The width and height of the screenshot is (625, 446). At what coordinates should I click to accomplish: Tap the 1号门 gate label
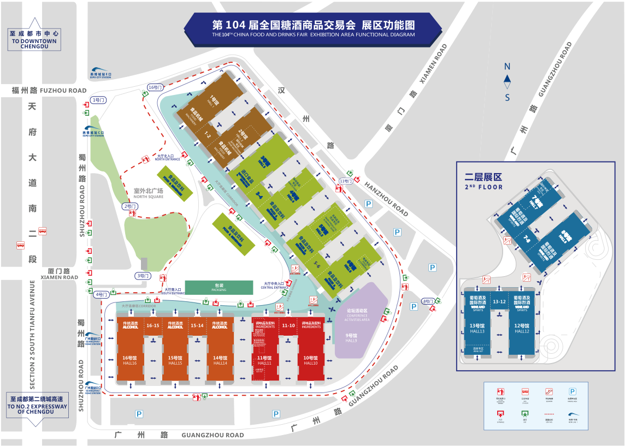(99, 100)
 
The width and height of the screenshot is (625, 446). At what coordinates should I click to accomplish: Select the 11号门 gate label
(346, 181)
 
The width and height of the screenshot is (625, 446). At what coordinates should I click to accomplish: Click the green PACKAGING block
(219, 287)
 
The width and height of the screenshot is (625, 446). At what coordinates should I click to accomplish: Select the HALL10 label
(311, 363)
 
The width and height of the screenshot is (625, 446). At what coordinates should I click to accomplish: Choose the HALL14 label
(220, 363)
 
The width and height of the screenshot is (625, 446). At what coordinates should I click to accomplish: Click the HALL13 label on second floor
(477, 331)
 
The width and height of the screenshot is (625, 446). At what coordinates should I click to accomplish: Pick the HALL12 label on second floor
(522, 331)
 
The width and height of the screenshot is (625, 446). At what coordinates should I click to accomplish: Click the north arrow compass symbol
(507, 82)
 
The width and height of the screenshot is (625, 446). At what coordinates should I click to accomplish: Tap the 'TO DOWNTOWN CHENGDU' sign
(34, 40)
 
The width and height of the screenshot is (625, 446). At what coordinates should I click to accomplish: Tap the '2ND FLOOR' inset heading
(483, 182)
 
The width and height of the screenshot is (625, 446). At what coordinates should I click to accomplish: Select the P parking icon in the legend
(573, 391)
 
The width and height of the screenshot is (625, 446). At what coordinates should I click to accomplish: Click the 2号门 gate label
(129, 206)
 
